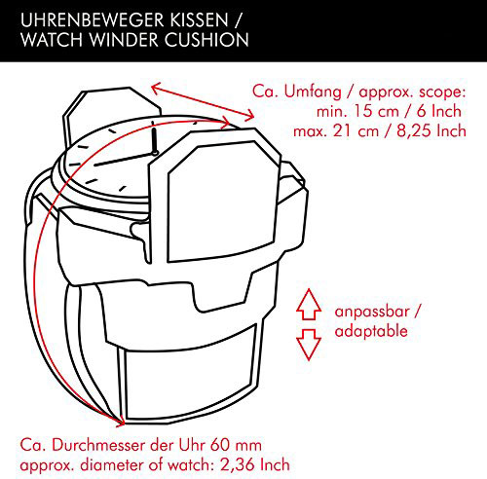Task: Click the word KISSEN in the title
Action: click(x=200, y=20)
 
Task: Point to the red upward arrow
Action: click(x=309, y=305)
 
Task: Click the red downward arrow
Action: click(x=309, y=345)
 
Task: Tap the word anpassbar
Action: click(x=372, y=312)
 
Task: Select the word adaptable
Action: click(x=371, y=331)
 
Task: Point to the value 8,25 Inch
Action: click(x=431, y=130)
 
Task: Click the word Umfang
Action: click(x=313, y=92)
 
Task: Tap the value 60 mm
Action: click(x=236, y=445)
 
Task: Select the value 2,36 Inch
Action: click(x=255, y=464)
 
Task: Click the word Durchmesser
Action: click(x=98, y=445)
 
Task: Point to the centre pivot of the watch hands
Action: click(x=155, y=152)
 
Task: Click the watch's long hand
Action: click(x=124, y=159)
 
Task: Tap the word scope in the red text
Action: click(x=440, y=92)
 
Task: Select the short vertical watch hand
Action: click(x=154, y=139)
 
